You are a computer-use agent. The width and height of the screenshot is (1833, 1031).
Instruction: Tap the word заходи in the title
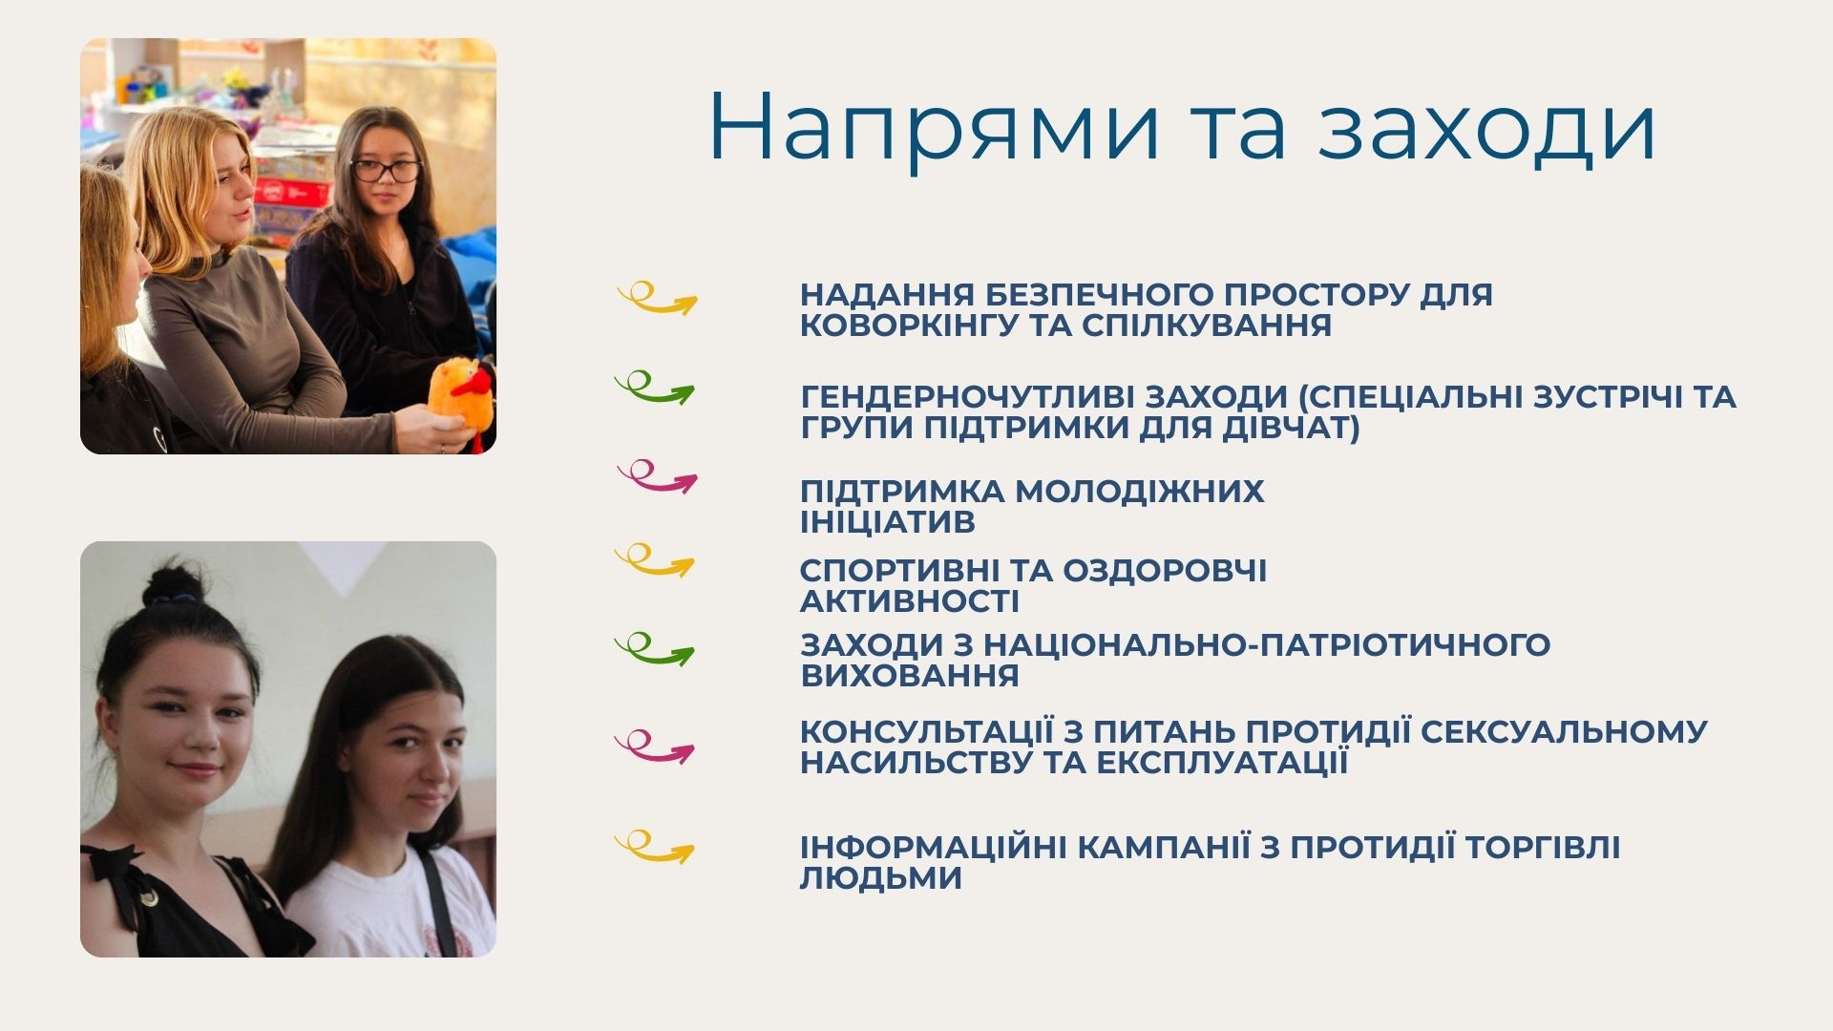pos(1486,127)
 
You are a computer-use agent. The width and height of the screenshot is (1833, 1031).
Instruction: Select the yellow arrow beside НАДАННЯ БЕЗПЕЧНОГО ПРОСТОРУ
pos(657,300)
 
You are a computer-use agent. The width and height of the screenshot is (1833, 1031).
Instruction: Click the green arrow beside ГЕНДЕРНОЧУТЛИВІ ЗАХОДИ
pos(655,389)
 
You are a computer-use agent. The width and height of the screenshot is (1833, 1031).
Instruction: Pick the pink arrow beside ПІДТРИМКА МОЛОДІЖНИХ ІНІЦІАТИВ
pos(657,477)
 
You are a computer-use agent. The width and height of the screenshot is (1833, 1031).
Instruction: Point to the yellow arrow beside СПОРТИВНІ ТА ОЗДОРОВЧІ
pos(655,561)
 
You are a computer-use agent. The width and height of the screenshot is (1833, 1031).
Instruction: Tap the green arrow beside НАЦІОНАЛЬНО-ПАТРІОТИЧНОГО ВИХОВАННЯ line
pos(655,650)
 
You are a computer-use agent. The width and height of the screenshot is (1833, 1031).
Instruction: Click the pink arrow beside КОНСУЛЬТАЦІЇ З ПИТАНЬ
pos(655,748)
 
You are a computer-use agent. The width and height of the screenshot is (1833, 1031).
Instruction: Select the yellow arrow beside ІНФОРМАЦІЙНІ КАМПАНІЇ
pos(655,848)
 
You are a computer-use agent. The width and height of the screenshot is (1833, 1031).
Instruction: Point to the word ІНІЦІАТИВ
pos(888,522)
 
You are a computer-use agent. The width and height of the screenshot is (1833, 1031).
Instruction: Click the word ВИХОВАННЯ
pos(910,676)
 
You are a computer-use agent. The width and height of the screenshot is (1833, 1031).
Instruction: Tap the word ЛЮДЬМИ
pos(880,879)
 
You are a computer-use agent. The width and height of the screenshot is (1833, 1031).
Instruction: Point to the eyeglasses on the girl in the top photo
pos(386,171)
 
